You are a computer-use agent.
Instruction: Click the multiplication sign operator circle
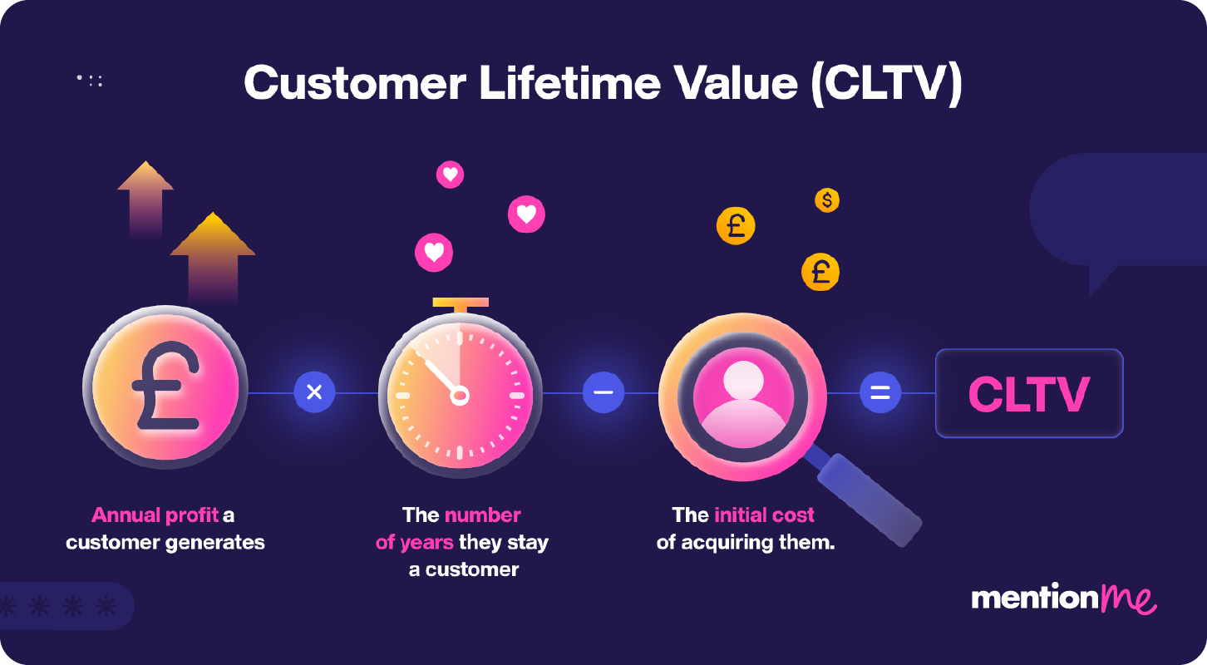click(314, 392)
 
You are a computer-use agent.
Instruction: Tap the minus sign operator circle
click(603, 392)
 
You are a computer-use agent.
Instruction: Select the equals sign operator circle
click(879, 392)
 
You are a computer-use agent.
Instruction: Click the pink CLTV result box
click(1028, 393)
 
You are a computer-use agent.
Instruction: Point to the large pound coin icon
click(166, 387)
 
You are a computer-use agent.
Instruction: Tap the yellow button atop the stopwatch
click(460, 303)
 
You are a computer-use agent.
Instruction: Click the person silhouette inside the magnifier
click(742, 397)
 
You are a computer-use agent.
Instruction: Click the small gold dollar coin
click(826, 200)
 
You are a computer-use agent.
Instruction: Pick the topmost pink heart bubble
click(450, 175)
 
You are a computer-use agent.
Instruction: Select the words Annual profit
click(155, 515)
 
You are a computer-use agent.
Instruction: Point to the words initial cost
click(764, 515)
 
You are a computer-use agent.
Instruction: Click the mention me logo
click(1063, 598)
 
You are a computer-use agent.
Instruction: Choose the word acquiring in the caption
click(728, 544)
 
